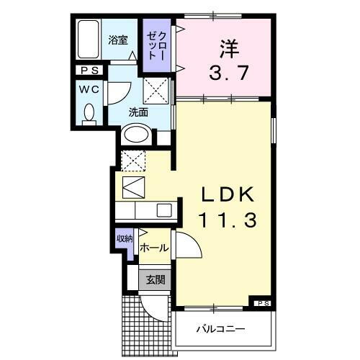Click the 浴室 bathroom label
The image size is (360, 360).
[x=118, y=41]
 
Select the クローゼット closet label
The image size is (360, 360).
[x=158, y=45]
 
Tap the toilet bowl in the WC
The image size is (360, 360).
[x=89, y=114]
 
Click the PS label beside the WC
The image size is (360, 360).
[x=89, y=71]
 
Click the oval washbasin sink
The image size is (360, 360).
[x=136, y=135]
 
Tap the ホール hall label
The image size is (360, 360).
[x=153, y=248]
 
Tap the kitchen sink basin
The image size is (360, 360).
[x=163, y=210]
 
